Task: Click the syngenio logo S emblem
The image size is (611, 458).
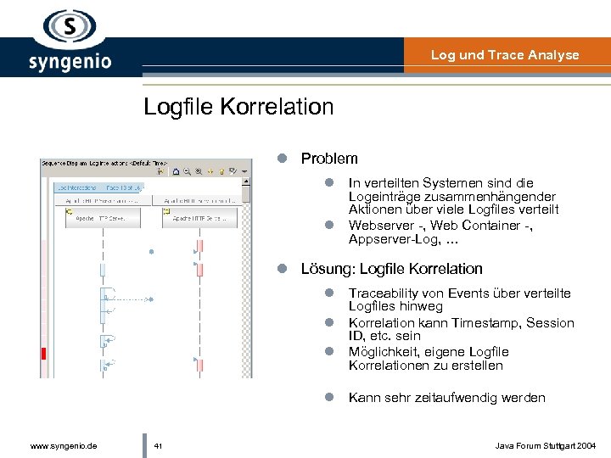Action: coord(70,26)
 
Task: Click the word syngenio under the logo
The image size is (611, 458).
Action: coord(70,63)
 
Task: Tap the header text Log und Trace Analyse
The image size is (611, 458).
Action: coord(504,55)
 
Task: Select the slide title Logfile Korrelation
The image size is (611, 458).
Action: coord(238,107)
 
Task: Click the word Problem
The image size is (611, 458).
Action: coord(329,159)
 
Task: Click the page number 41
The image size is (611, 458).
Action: coord(159,445)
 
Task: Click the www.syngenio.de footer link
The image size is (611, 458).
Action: coord(63,445)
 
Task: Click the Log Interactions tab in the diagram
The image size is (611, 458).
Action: coord(77,187)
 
